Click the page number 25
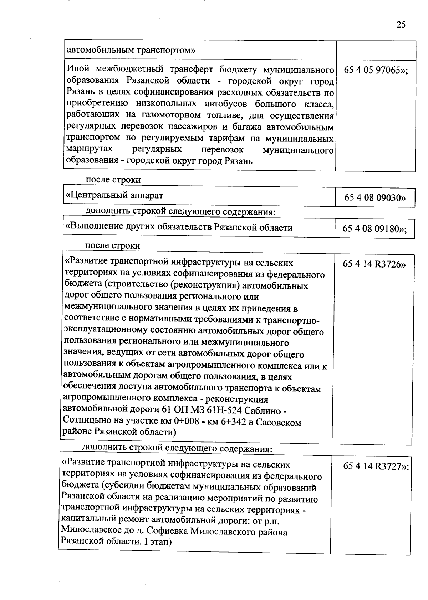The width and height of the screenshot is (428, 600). pos(401,24)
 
